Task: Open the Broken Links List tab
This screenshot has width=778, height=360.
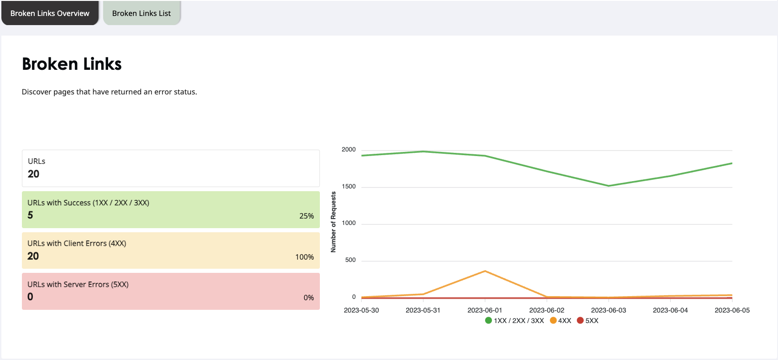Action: [x=141, y=13]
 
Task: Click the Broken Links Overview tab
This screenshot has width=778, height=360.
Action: [x=50, y=13]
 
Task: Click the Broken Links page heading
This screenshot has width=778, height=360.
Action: [x=72, y=64]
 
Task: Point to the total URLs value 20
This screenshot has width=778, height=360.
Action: [x=33, y=174]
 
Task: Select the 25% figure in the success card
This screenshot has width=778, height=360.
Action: [x=306, y=216]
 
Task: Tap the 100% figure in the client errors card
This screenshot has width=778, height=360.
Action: [x=304, y=257]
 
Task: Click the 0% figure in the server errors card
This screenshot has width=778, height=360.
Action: [x=308, y=297]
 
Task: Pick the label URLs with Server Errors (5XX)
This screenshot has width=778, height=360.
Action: [x=78, y=284]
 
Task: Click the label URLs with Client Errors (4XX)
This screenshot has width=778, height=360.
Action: [x=77, y=243]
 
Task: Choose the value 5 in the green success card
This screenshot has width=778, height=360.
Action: [x=30, y=215]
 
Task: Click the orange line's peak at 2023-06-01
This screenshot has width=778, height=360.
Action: [x=485, y=271]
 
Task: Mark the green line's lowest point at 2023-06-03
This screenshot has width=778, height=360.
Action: [x=609, y=186]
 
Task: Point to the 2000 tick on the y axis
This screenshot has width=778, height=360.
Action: [x=348, y=150]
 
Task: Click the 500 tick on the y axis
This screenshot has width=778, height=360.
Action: [x=350, y=260]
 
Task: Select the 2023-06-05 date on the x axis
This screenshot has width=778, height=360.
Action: [x=732, y=310]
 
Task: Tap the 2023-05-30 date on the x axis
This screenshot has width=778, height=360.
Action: [x=361, y=310]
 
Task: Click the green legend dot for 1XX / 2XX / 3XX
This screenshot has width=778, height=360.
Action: [x=488, y=320]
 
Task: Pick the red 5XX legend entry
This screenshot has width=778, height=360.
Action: [x=588, y=320]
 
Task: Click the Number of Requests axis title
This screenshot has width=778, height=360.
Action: [x=334, y=222]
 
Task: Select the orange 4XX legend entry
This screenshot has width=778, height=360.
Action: [x=561, y=320]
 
